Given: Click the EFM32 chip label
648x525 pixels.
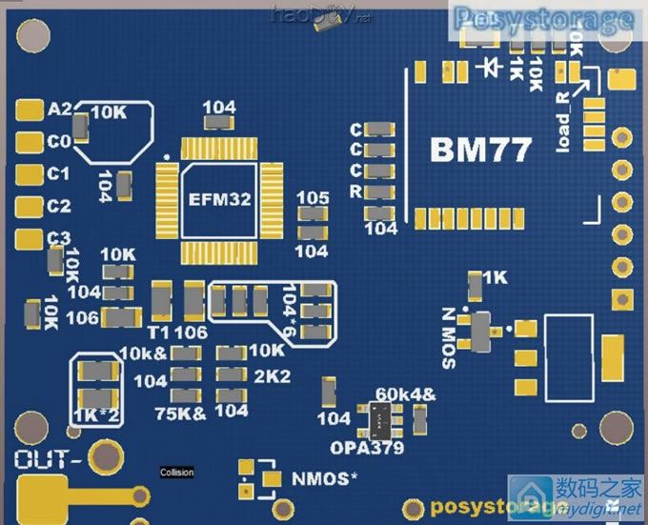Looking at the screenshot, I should click(220, 199).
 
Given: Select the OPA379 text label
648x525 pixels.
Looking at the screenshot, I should click(367, 447).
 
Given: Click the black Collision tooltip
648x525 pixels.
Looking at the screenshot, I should click(176, 473).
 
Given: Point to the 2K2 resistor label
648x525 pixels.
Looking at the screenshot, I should click(272, 375).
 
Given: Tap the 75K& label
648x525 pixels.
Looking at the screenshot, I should click(180, 413).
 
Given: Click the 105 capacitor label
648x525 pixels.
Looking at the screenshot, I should click(313, 197).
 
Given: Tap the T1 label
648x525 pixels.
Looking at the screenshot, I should click(159, 331).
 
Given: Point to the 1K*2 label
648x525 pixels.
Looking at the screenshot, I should click(96, 415).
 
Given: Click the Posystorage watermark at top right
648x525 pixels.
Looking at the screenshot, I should click(544, 18).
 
